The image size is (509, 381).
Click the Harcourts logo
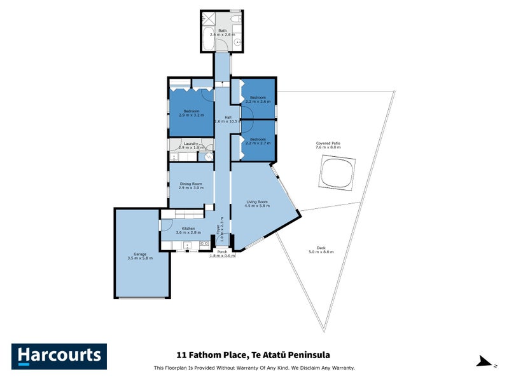coord(59,356)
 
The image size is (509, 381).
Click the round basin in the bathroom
coord(237,43)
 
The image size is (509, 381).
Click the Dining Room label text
coord(191,184)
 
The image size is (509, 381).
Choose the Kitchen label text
coord(188,228)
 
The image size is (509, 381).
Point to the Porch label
coord(222,252)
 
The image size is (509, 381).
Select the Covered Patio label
coord(328,144)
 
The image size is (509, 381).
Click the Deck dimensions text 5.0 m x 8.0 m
coord(321,252)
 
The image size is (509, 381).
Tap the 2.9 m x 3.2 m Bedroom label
coord(190,116)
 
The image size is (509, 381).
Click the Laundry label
coord(191,144)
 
